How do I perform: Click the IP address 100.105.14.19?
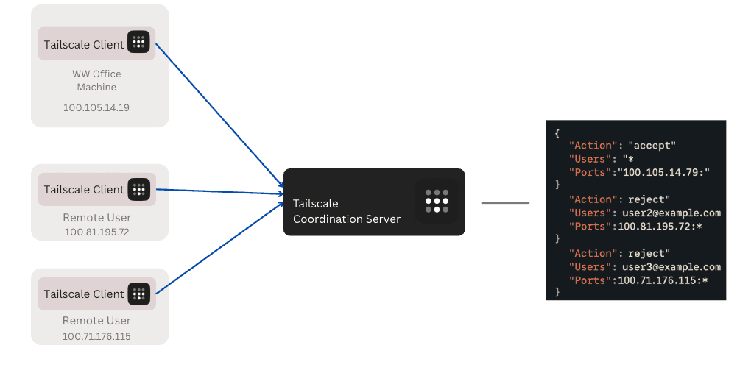[96, 107]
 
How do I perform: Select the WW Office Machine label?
[96, 80]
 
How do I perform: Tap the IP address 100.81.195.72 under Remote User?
[96, 232]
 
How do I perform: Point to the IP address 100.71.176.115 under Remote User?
[96, 336]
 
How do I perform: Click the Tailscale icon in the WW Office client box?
[138, 43]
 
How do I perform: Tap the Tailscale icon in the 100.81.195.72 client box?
[138, 189]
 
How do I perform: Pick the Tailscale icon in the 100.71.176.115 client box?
[138, 294]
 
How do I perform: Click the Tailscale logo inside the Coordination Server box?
[437, 201]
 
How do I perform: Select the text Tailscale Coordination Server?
[346, 211]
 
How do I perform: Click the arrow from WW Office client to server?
[221, 118]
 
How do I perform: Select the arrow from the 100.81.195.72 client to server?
[221, 191]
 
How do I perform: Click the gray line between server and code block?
[505, 202]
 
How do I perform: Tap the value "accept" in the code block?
[652, 146]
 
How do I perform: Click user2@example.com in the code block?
[669, 213]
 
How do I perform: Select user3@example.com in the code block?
[669, 267]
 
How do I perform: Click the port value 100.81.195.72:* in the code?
[660, 226]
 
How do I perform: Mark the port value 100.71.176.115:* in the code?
[663, 280]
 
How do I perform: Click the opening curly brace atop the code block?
[557, 133]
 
